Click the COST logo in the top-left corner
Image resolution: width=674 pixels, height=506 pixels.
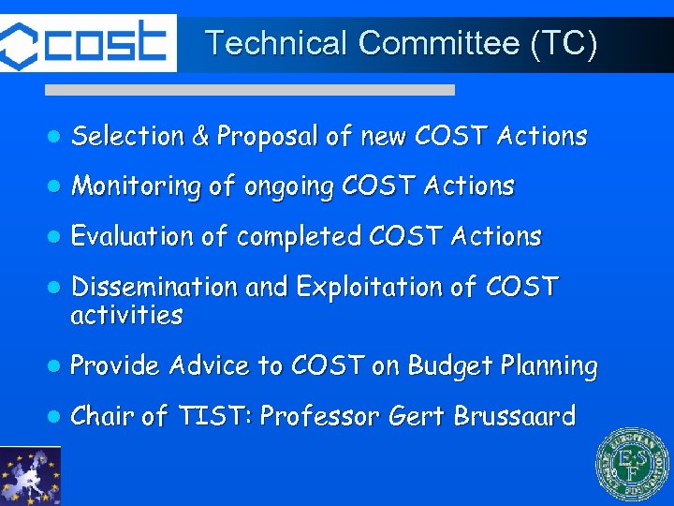87,43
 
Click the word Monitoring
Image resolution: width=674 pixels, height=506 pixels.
137,187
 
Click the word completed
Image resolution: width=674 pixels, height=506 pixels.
299,237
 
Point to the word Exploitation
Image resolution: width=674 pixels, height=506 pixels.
366,287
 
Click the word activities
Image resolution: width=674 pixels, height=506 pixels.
126,315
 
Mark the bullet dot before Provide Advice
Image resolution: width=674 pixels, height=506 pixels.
53,366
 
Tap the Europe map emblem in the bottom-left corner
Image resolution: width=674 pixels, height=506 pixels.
30,476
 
